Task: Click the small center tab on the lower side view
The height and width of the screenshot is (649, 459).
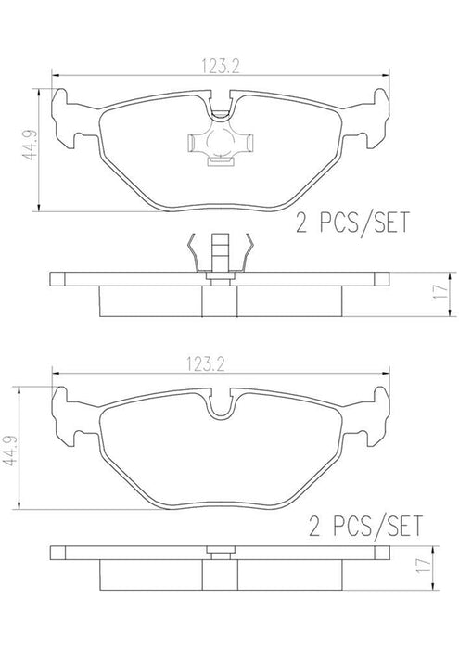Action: click(x=219, y=554)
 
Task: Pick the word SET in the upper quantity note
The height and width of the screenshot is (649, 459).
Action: click(x=389, y=223)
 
